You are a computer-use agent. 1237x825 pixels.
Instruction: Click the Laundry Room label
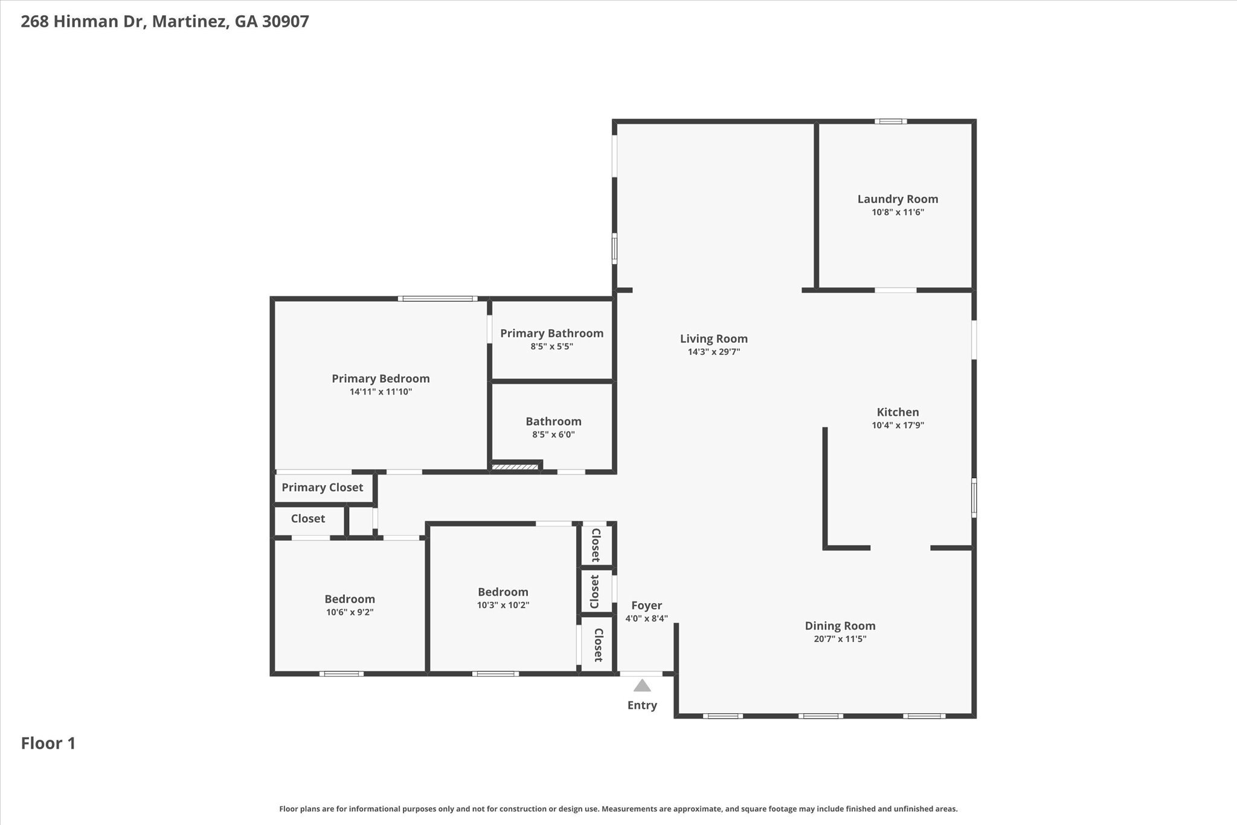[898, 199]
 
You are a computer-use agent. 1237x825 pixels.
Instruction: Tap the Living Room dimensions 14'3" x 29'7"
[713, 352]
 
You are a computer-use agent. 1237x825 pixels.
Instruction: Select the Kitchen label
[898, 412]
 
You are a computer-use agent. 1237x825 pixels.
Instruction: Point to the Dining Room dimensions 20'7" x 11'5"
[840, 639]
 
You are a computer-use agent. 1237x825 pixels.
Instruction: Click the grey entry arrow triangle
[642, 685]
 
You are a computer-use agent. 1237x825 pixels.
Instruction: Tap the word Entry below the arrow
[642, 705]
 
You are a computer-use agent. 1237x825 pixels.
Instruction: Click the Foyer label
[646, 606]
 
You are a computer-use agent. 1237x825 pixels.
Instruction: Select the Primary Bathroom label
[551, 333]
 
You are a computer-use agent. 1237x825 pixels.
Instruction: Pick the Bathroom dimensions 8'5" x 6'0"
[553, 435]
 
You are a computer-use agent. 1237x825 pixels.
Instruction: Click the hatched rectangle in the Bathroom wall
[515, 467]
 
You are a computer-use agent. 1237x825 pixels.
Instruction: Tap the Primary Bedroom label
[381, 378]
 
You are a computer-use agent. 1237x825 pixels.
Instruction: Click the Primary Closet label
[322, 487]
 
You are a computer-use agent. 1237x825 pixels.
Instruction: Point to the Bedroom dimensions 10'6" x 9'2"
[350, 612]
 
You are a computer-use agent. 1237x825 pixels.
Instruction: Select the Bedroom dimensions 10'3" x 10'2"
[503, 605]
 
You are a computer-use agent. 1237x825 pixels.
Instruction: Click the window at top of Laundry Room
[890, 121]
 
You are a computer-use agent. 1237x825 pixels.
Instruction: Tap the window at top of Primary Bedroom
[437, 299]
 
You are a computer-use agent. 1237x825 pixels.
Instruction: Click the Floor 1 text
[48, 743]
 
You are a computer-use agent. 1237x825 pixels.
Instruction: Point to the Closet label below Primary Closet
[307, 519]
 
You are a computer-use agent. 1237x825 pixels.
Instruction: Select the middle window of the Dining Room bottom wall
[820, 716]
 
